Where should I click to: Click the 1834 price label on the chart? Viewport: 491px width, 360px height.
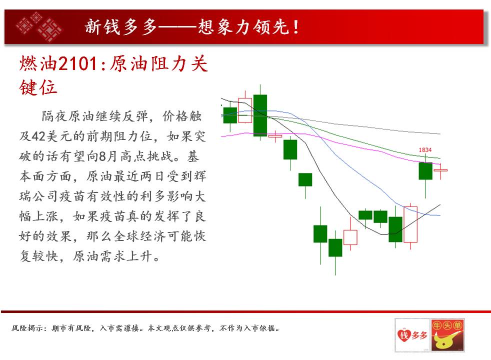click(425, 150)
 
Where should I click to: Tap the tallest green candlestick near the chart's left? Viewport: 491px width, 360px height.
click(260, 115)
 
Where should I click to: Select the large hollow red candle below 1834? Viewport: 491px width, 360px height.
click(410, 224)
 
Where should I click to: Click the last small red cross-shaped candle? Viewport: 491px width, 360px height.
click(440, 170)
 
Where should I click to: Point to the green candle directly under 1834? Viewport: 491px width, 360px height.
click(425, 171)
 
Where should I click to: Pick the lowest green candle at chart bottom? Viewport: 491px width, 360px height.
click(335, 247)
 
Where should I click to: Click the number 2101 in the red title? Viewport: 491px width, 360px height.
click(78, 63)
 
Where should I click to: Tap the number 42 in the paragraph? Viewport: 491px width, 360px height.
click(38, 136)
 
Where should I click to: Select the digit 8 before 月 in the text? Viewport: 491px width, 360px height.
click(102, 156)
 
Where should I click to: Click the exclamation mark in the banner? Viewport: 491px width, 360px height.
click(295, 27)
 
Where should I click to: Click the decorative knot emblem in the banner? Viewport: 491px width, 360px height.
click(39, 26)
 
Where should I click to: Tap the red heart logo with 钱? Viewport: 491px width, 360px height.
click(403, 335)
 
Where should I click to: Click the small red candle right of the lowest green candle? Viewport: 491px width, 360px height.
click(350, 236)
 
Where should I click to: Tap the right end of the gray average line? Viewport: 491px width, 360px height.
click(440, 133)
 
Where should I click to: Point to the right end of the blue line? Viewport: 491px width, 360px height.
click(440, 215)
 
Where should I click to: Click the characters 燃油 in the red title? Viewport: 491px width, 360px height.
click(38, 63)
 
